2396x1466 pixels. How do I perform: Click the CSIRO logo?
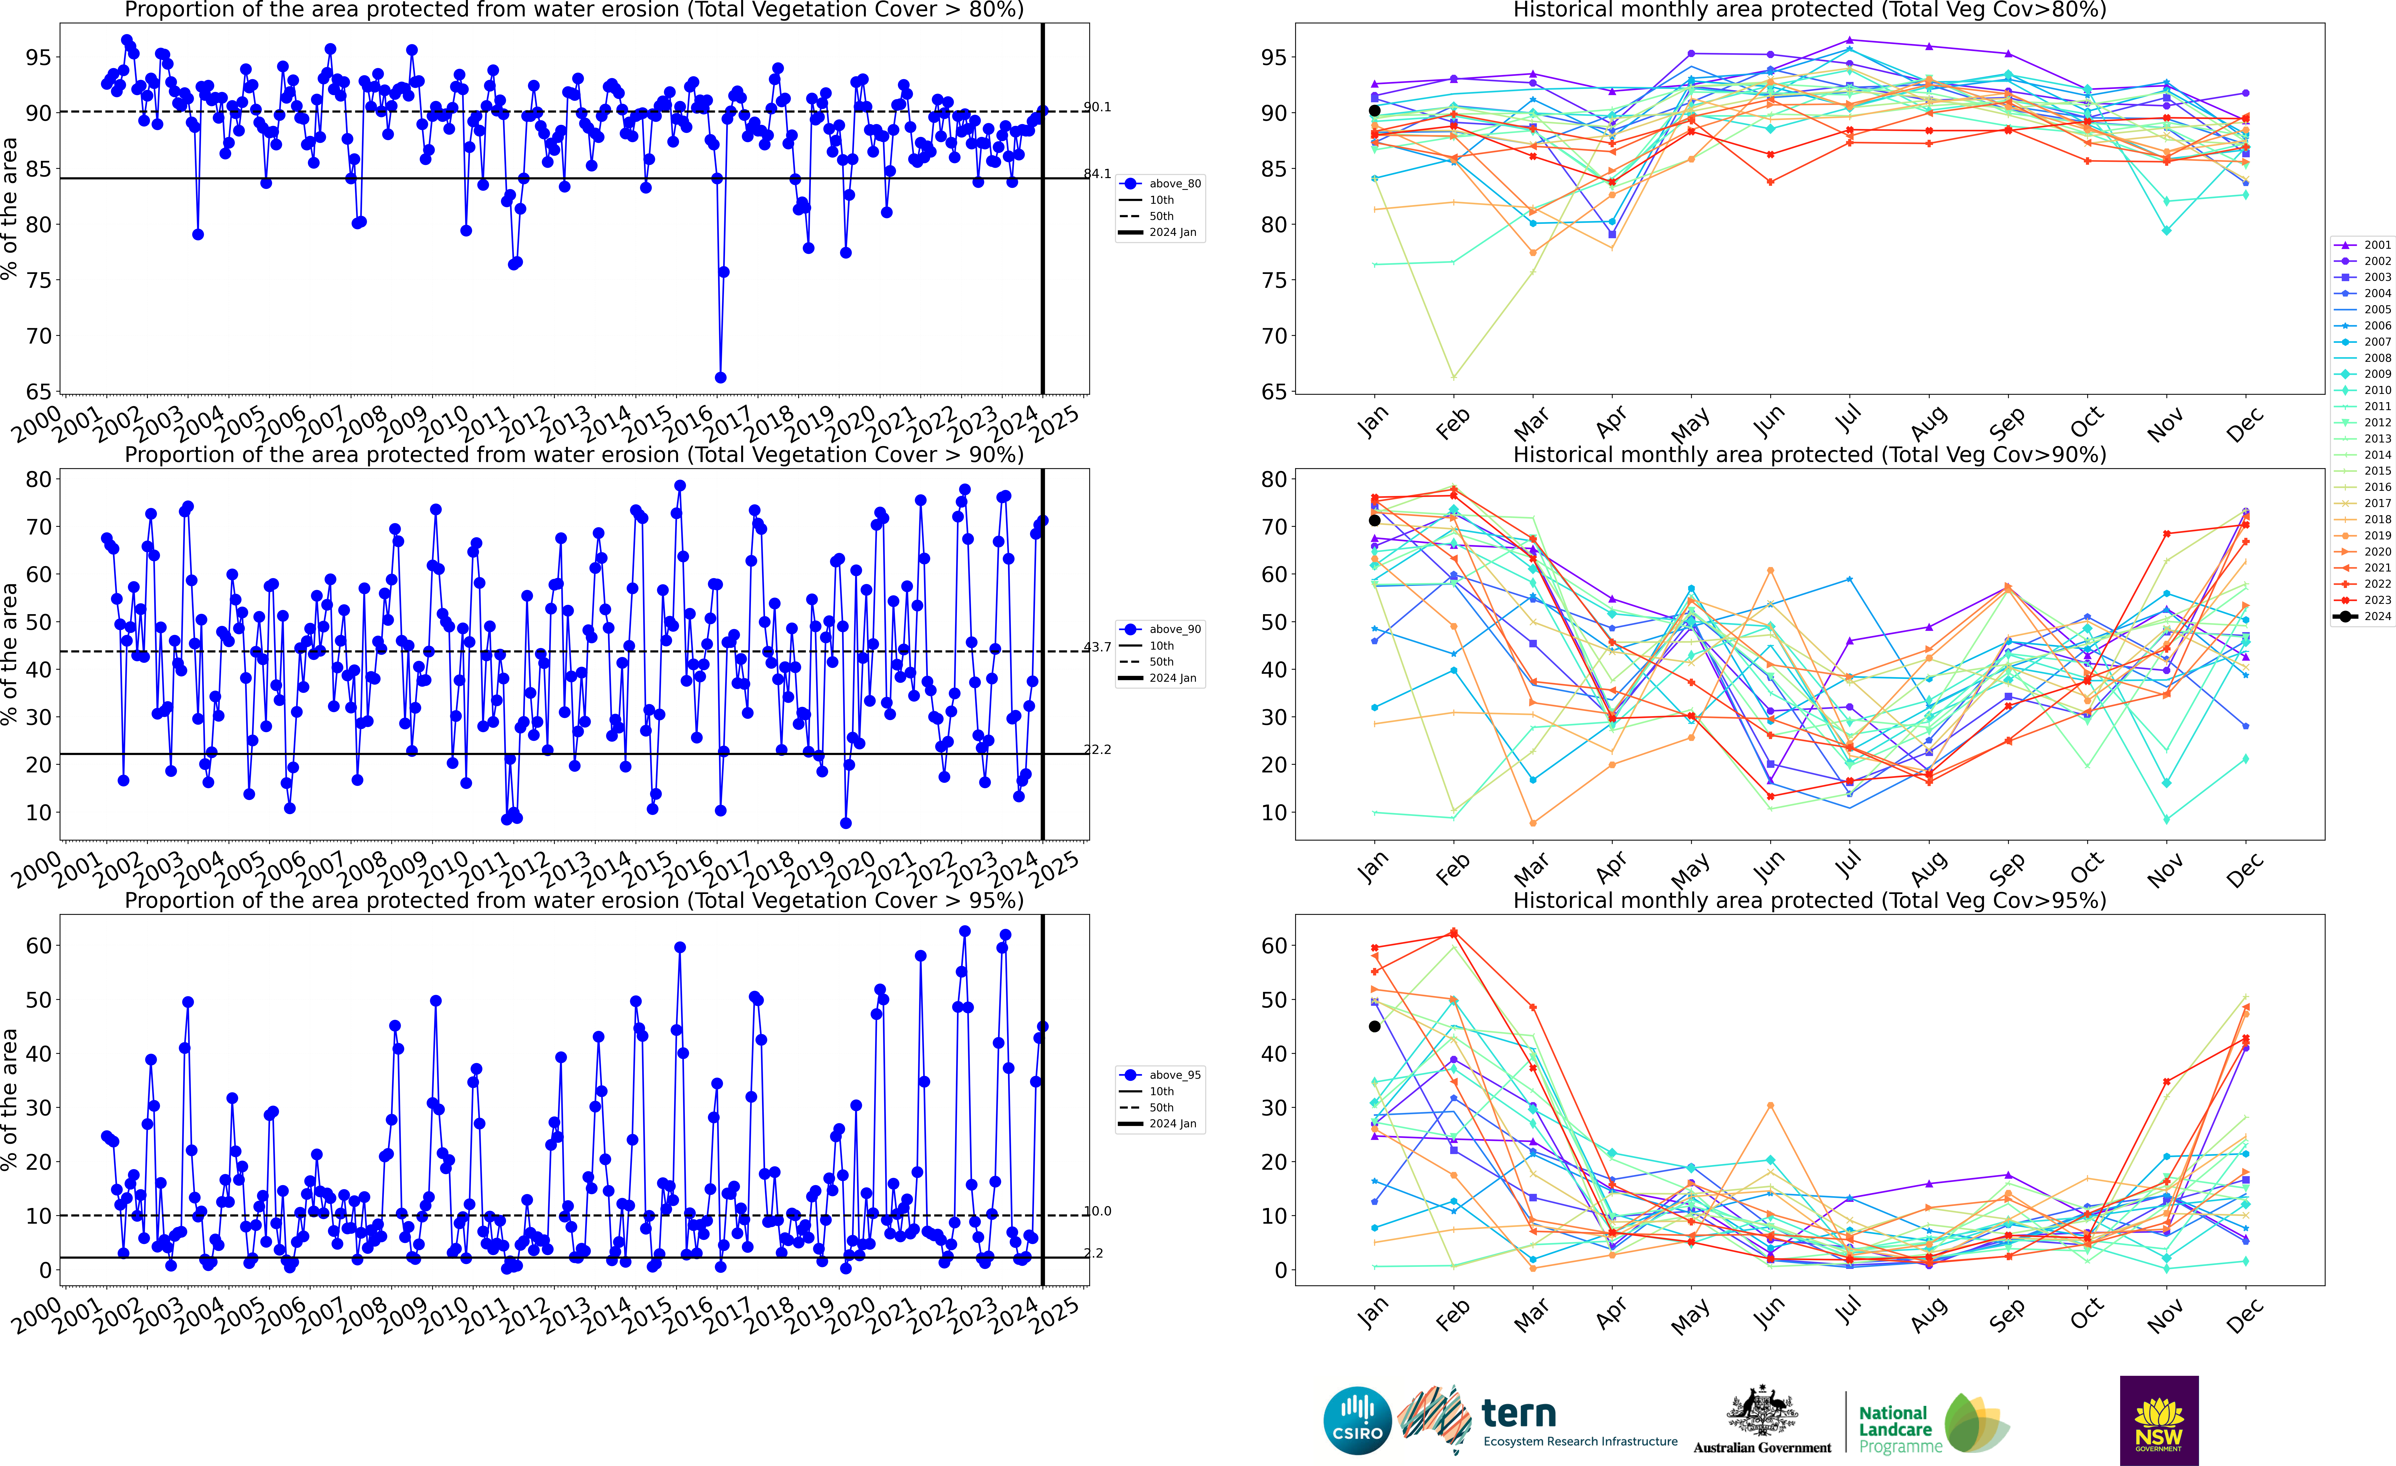click(1357, 1420)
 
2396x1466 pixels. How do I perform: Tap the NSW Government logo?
click(2159, 1419)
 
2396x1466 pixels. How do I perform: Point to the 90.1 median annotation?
click(1097, 107)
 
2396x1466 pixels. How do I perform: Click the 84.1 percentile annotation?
click(1097, 174)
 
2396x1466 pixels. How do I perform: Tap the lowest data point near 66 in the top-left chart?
click(721, 377)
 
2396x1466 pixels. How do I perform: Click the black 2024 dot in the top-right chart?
click(1374, 111)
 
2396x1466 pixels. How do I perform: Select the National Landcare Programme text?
click(1893, 1429)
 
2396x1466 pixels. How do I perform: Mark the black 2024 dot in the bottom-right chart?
click(1374, 1027)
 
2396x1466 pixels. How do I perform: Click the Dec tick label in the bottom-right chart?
click(2244, 1314)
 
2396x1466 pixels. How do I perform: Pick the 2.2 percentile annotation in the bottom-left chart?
click(1094, 1253)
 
